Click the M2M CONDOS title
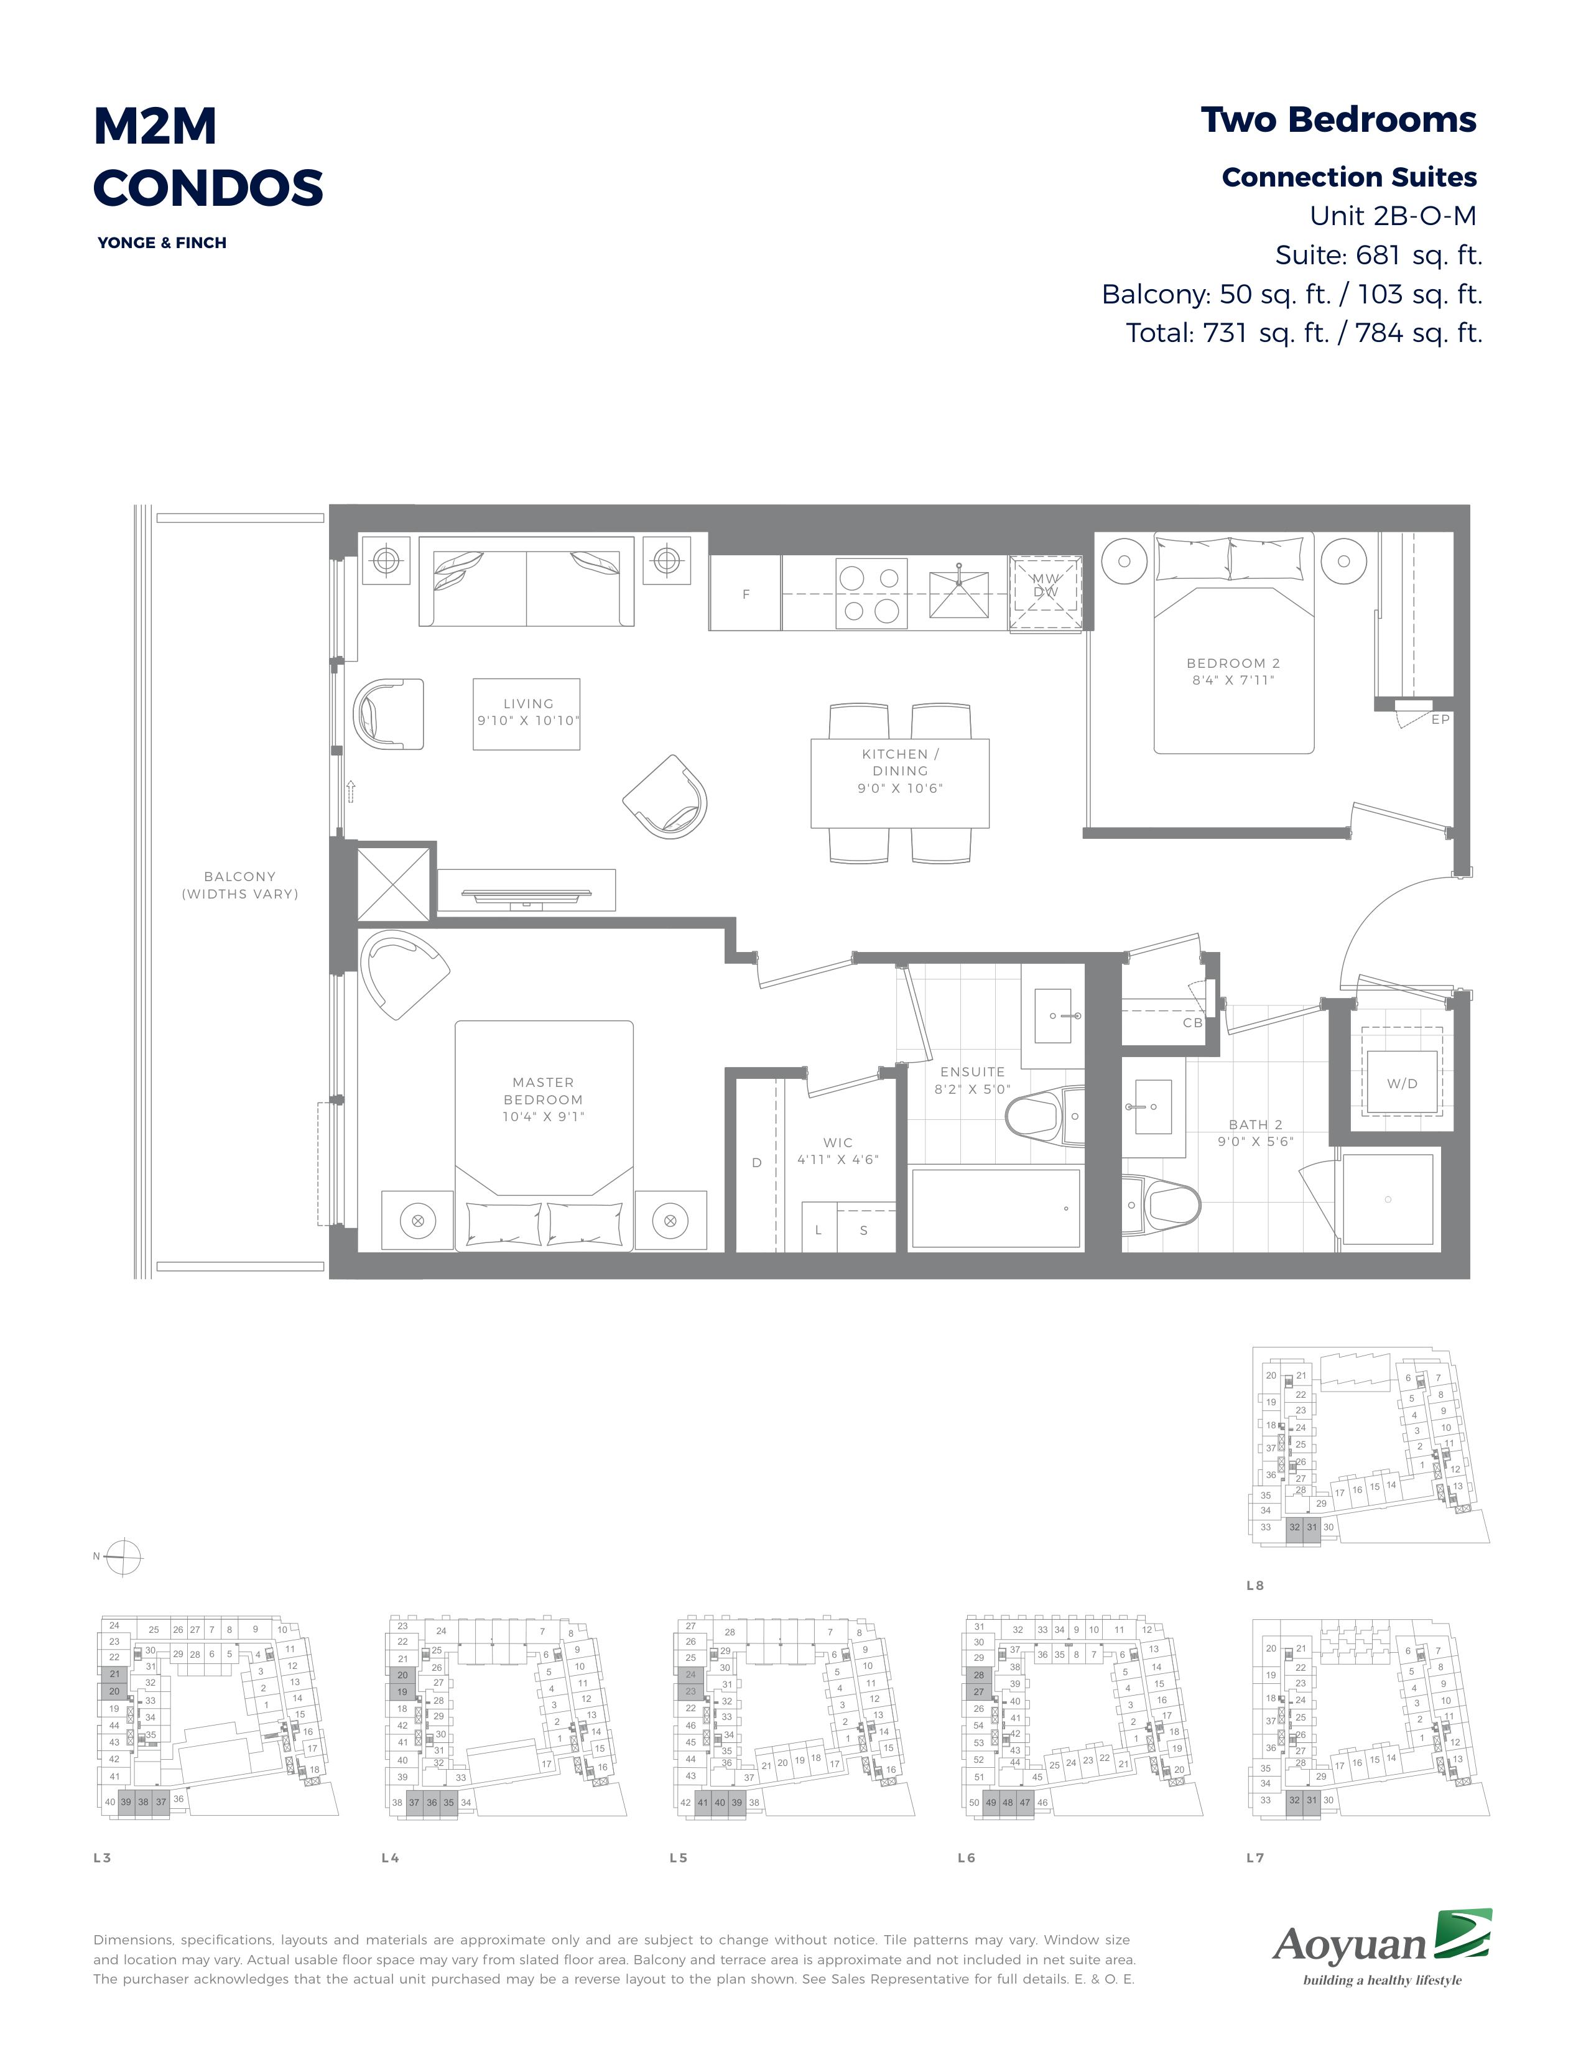click(208, 156)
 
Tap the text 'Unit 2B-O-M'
click(1393, 216)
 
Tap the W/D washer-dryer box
click(1402, 1083)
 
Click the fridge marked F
click(746, 594)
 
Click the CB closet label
click(1192, 1022)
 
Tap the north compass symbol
click(123, 1557)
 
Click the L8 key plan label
click(1254, 1585)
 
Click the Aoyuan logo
click(1382, 1947)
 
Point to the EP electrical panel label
click(1440, 719)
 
